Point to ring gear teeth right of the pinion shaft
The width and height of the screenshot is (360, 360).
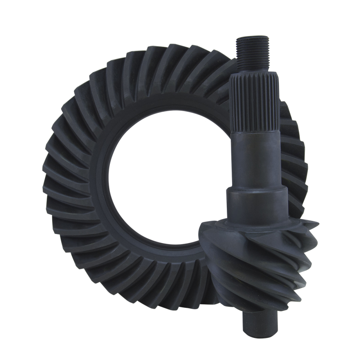(x=292, y=148)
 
